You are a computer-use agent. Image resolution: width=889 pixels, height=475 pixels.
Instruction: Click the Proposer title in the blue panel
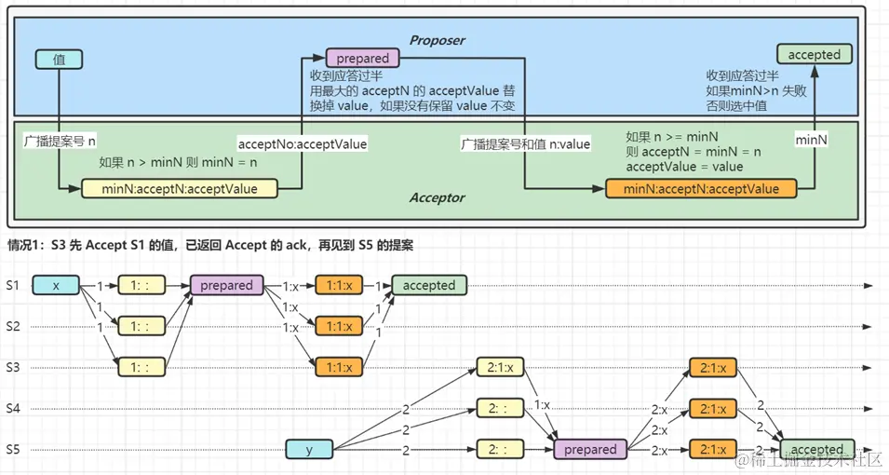[x=437, y=40]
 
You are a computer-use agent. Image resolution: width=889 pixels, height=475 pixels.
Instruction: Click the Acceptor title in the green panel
[x=437, y=197]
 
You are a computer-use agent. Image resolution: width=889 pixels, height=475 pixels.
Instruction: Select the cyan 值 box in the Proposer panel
[x=58, y=60]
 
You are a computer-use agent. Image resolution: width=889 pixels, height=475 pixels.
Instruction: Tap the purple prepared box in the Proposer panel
[x=362, y=58]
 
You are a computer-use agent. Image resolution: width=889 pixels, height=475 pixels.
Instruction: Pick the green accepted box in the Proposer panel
[x=814, y=55]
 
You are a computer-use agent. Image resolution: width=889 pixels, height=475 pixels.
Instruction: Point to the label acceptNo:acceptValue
[x=303, y=144]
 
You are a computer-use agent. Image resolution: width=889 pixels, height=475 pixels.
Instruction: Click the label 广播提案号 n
[x=60, y=143]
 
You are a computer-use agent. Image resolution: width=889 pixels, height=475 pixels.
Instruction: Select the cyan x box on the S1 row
[x=57, y=286]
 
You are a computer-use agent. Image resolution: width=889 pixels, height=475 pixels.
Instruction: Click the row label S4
[x=13, y=408]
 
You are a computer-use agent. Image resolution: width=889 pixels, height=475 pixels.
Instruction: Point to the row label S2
[x=13, y=326]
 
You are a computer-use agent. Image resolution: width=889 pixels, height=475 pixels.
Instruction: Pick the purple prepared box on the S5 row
[x=590, y=450]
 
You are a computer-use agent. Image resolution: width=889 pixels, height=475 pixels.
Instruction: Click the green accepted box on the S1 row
[x=428, y=286]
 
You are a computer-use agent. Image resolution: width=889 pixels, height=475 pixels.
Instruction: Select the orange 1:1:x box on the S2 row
[x=339, y=326]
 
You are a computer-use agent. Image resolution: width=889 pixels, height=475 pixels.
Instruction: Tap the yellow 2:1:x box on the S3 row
[x=500, y=367]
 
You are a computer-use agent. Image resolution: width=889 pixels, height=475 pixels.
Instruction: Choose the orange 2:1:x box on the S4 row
[x=714, y=408]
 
